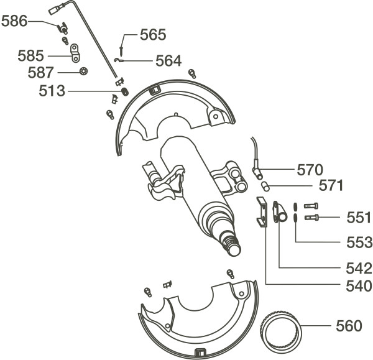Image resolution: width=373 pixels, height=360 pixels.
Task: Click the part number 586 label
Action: (x=14, y=21)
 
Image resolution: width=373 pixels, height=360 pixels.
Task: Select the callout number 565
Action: (x=153, y=35)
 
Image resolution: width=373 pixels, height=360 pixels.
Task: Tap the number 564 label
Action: (x=168, y=61)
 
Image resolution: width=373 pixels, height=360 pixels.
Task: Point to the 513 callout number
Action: (x=52, y=91)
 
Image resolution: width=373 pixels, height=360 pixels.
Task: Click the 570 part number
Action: (x=310, y=170)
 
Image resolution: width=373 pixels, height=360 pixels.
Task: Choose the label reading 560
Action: (x=349, y=326)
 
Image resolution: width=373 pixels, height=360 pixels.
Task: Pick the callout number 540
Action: (x=359, y=286)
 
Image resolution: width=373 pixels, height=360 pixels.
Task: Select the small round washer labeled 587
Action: (x=83, y=72)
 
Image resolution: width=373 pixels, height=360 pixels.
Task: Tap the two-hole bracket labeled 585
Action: (x=75, y=53)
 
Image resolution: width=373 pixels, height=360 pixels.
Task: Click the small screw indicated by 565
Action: (x=121, y=51)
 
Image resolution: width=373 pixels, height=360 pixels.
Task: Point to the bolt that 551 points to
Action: (x=312, y=217)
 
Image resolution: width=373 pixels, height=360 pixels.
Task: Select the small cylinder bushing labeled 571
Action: (x=265, y=186)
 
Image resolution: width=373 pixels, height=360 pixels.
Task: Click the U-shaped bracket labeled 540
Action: (x=262, y=212)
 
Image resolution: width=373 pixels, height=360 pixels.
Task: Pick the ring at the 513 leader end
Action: (x=125, y=91)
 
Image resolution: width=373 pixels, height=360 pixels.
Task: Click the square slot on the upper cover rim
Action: (x=155, y=90)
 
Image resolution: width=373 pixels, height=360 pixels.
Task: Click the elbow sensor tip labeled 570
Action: (x=257, y=172)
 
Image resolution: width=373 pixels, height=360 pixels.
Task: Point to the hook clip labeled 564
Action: (x=118, y=60)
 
